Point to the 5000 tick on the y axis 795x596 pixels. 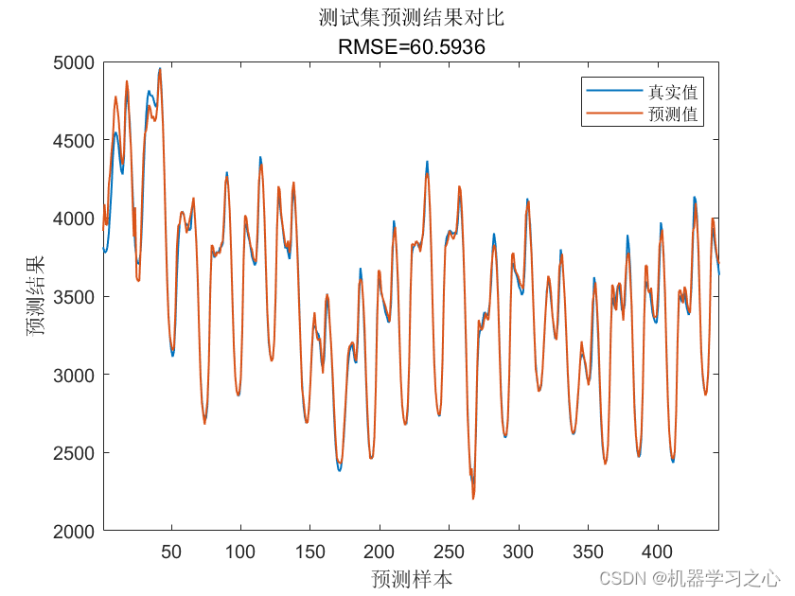[x=74, y=62]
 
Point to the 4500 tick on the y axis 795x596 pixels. [x=74, y=141]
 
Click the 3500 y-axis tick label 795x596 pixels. [x=74, y=297]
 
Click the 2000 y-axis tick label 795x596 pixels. [x=74, y=532]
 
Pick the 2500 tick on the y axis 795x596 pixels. [x=74, y=453]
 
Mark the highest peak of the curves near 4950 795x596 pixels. [x=160, y=68]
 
